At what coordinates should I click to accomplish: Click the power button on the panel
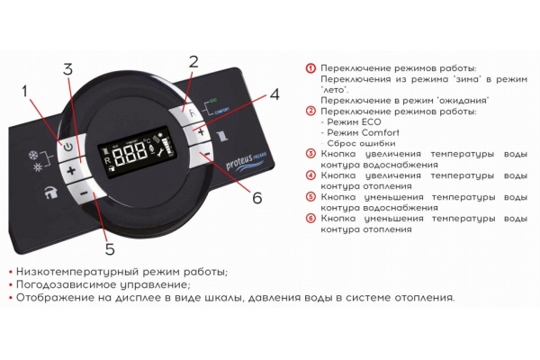68,146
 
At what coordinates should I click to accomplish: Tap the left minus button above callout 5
82,193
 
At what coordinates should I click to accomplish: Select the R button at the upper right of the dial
187,112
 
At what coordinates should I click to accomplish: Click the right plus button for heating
202,132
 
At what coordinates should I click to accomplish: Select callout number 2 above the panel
193,61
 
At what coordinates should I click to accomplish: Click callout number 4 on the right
274,94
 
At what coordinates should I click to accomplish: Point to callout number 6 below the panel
256,197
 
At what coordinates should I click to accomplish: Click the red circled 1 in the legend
310,68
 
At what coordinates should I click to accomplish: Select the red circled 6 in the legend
310,219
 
